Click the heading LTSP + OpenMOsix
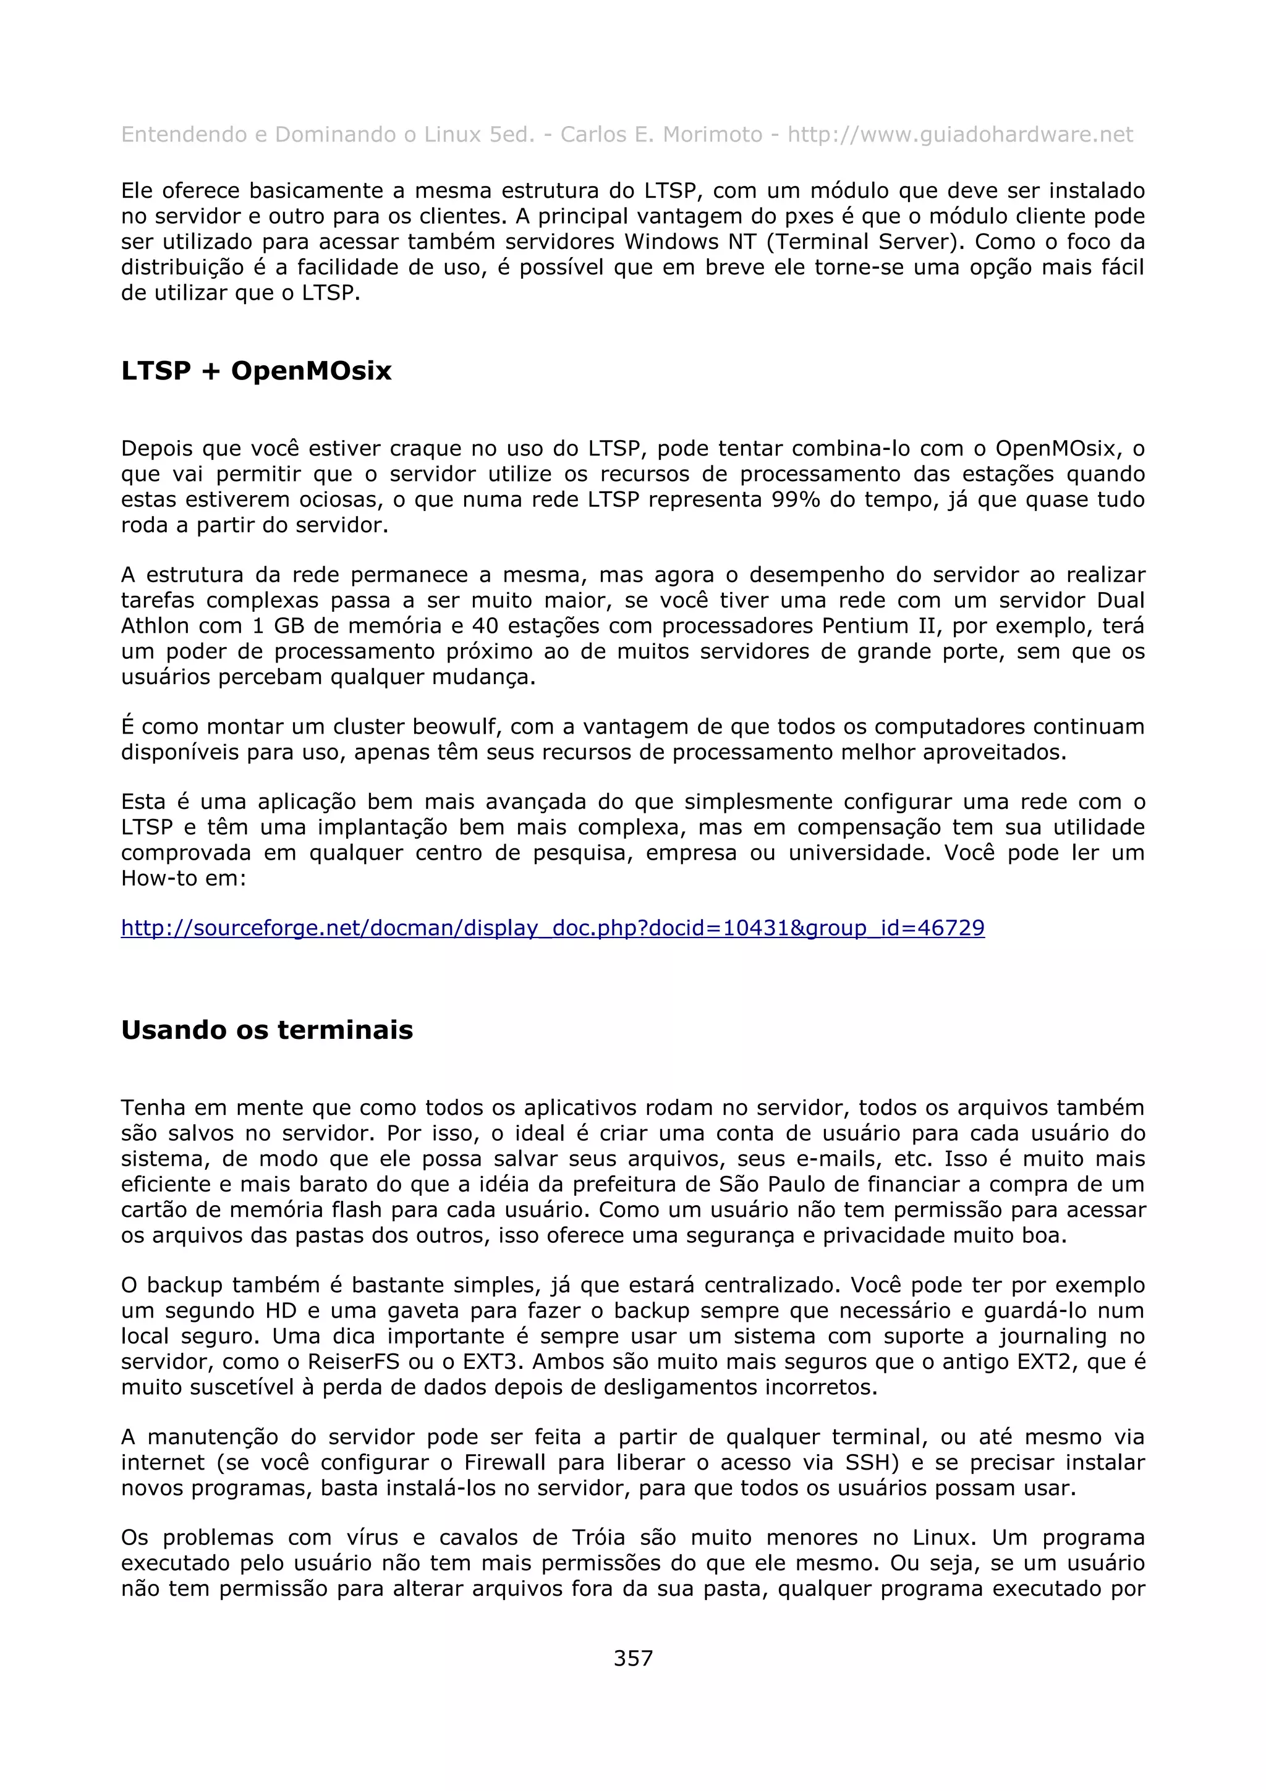click(256, 371)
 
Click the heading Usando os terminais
click(267, 1030)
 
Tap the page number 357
click(632, 1658)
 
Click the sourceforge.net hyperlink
click(552, 928)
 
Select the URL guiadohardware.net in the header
click(960, 135)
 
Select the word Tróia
click(598, 1538)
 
